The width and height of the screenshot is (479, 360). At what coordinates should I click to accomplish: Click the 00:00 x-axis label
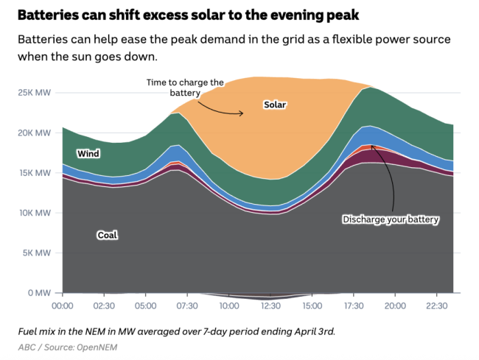pos(63,306)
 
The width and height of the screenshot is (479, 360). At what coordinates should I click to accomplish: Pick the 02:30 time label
pos(104,306)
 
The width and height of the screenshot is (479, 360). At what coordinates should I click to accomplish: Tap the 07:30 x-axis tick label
pos(187,306)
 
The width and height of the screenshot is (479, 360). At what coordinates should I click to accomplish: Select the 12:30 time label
pos(270,306)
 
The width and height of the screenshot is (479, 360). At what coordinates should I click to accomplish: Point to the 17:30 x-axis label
pos(353,306)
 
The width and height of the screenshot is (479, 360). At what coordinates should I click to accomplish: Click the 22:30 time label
pos(436,306)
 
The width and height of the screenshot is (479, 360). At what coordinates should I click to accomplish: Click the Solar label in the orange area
pos(274,105)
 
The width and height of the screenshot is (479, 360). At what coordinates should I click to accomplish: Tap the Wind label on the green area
pos(88,154)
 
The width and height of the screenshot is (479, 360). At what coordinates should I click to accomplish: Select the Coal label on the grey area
pos(108,235)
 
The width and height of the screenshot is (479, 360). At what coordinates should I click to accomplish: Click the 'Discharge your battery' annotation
pos(391,219)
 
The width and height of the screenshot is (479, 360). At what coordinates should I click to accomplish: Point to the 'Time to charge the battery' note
pos(184,88)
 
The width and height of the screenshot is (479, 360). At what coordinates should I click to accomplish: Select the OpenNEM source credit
pos(97,346)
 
